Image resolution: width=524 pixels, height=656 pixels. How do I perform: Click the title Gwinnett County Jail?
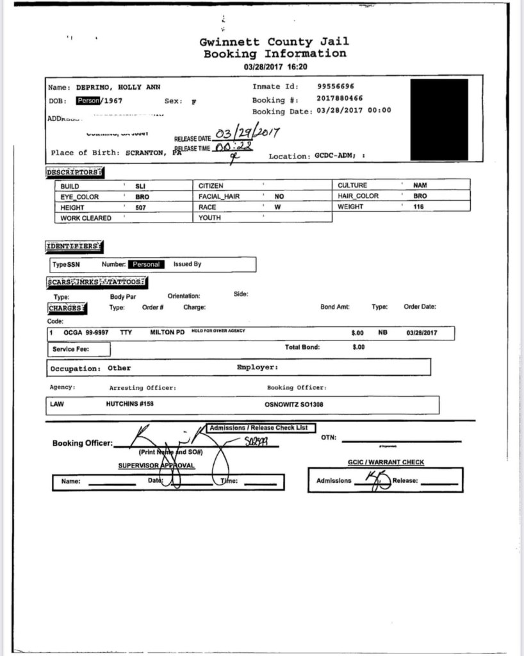pos(274,42)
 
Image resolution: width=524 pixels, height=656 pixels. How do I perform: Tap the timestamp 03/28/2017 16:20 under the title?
pos(275,67)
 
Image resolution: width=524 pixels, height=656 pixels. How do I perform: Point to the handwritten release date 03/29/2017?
pos(246,135)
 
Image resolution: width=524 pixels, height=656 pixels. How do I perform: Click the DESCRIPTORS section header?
pos(75,172)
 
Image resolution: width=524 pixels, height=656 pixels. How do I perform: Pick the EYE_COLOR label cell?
pos(80,197)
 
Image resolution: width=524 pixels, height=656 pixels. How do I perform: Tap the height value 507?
pos(141,208)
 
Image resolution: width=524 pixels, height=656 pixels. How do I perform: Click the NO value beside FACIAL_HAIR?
pos(279,197)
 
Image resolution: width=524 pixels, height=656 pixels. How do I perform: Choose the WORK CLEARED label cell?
pos(86,218)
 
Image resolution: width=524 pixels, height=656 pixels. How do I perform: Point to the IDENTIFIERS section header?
pos(74,246)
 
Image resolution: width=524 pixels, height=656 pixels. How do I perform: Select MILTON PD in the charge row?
pos(167,333)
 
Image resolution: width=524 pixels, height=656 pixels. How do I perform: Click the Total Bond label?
pos(302,347)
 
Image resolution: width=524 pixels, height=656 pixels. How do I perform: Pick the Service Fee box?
pos(79,349)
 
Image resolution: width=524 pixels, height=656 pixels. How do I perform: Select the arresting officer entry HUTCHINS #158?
pos(130,405)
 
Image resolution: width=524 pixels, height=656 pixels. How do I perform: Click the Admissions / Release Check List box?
pos(263,428)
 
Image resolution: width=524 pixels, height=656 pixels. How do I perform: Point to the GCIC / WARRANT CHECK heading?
pos(386,462)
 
